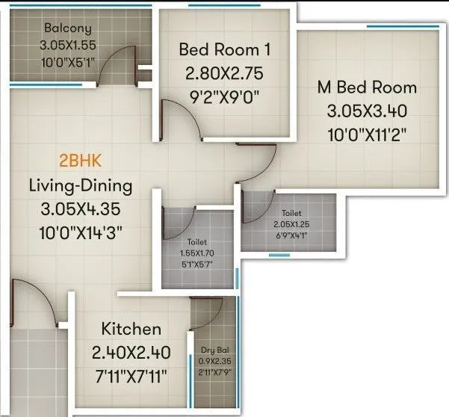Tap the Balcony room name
tap(68, 28)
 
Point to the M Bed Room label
tap(367, 87)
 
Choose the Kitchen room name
tap(131, 329)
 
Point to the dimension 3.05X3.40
tap(366, 111)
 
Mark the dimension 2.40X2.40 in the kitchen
tap(131, 352)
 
